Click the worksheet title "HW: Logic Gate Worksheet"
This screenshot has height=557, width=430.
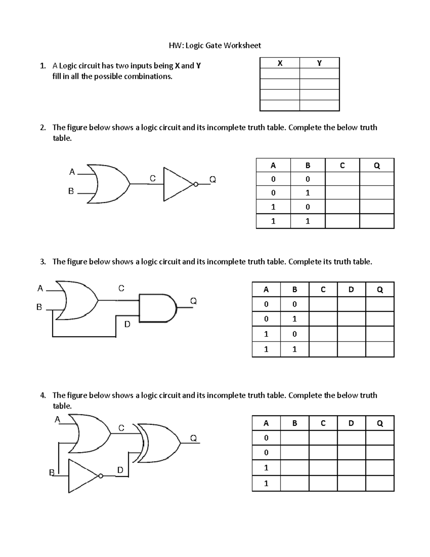(215, 45)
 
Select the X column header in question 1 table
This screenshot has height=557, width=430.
(280, 63)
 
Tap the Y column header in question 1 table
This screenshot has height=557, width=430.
(319, 63)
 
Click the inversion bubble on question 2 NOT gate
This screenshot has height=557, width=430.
(196, 184)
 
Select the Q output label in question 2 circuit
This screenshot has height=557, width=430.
(212, 179)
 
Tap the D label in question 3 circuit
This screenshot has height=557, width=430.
(127, 324)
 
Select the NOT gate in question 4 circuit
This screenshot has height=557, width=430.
(82, 476)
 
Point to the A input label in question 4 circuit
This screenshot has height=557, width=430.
(57, 419)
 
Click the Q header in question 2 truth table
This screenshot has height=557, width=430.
(377, 165)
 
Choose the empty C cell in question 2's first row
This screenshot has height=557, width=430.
(342, 179)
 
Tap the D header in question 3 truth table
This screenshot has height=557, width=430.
(351, 289)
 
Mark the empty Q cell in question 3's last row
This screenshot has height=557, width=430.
(380, 349)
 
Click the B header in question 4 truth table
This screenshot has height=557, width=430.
(295, 423)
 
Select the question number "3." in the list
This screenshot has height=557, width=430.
(43, 262)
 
